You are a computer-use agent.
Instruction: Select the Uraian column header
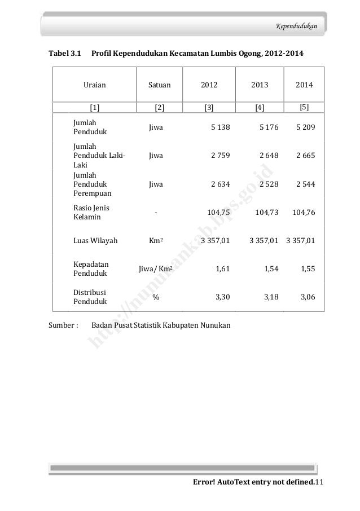pyautogui.click(x=95, y=86)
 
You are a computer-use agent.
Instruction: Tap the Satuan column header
pyautogui.click(x=160, y=86)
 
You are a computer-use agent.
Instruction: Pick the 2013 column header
pyautogui.click(x=260, y=86)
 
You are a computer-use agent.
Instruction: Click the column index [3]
pyautogui.click(x=209, y=107)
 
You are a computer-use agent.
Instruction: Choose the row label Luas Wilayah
pyautogui.click(x=95, y=241)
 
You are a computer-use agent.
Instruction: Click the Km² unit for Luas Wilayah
pyautogui.click(x=156, y=241)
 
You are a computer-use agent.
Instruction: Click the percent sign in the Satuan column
pyautogui.click(x=156, y=298)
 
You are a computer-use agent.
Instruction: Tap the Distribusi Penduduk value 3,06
pyautogui.click(x=308, y=298)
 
